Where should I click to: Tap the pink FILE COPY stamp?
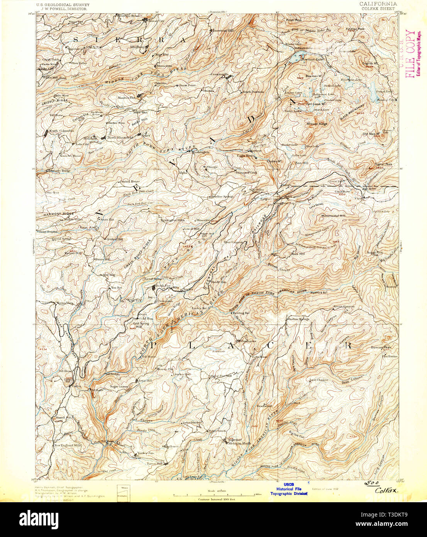point(410,54)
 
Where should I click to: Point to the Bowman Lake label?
point(309,59)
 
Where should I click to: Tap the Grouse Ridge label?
point(317,124)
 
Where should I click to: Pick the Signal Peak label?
point(383,164)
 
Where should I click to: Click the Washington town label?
point(200,152)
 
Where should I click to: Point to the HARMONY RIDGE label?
point(58,214)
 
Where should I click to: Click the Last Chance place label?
point(319,380)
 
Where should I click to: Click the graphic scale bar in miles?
point(218,494)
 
